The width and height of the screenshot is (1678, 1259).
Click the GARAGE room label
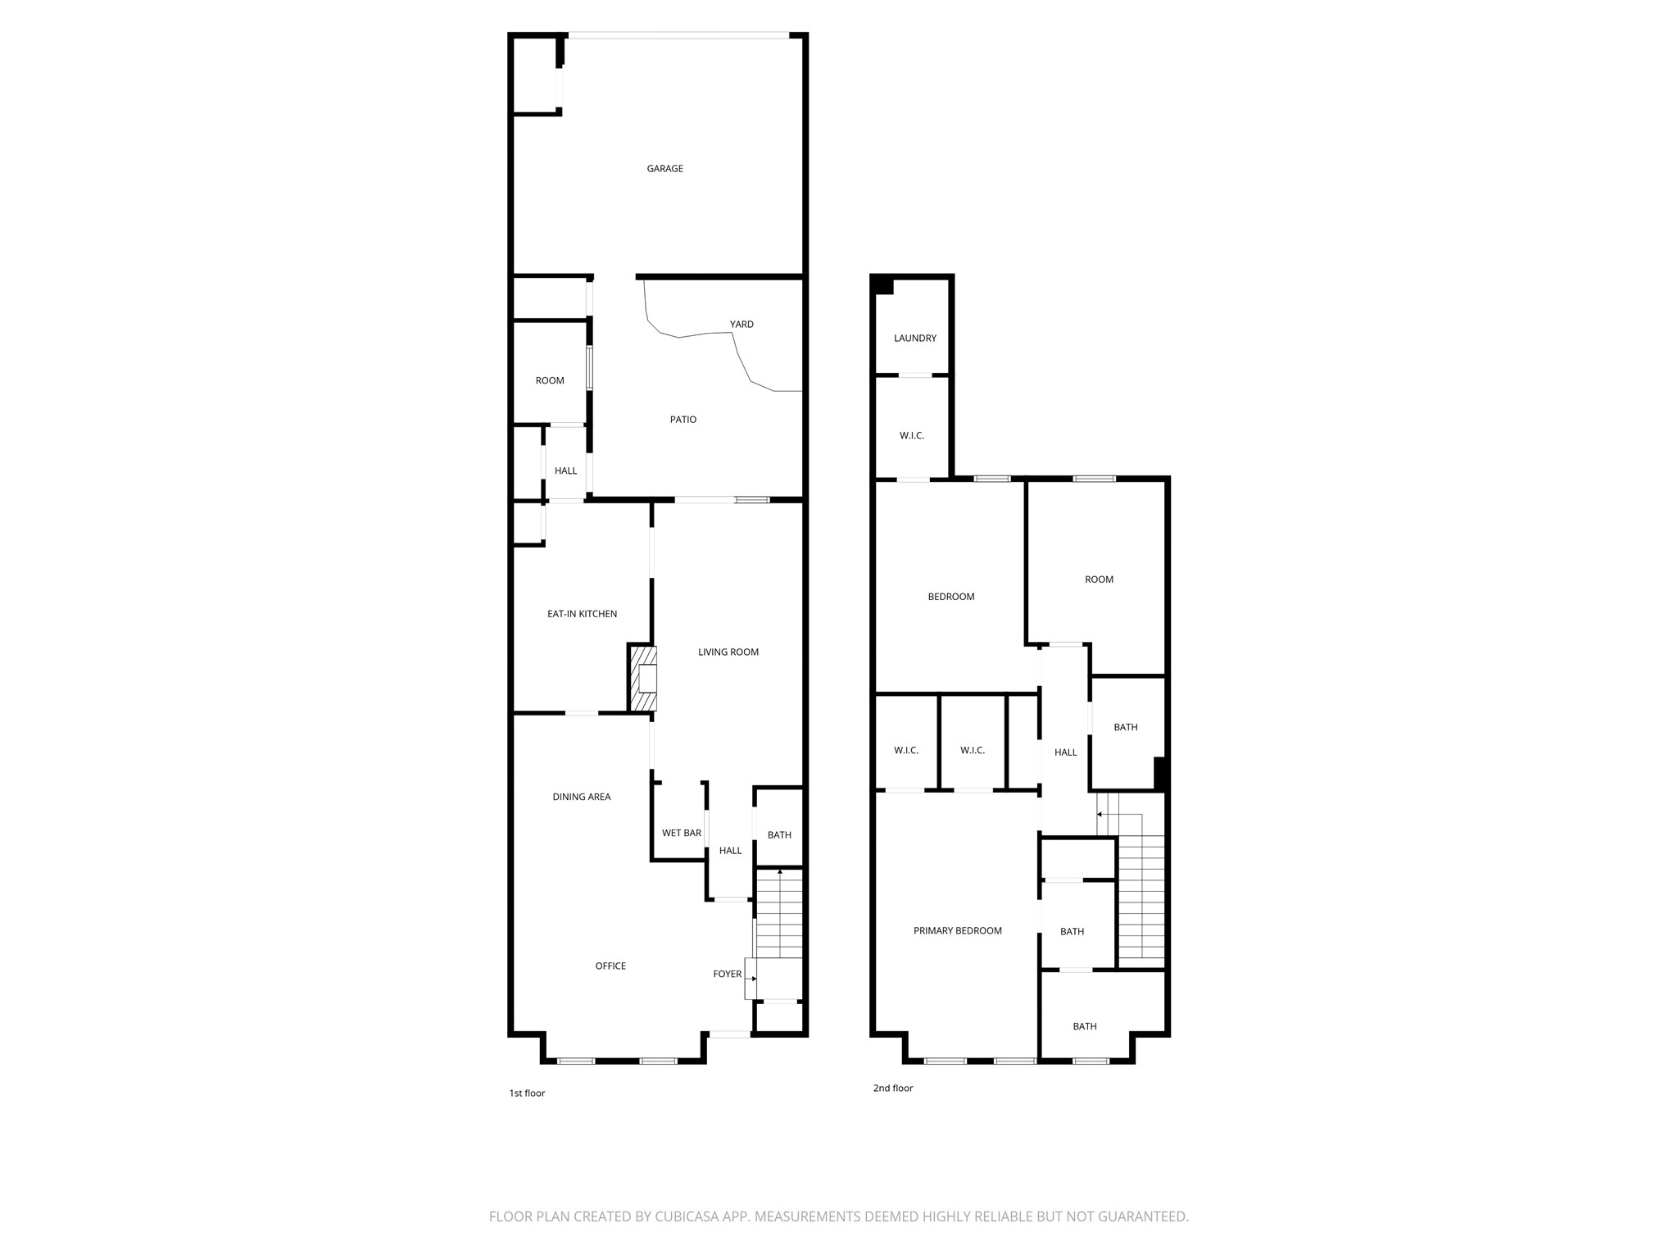664,169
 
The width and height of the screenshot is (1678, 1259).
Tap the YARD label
741,325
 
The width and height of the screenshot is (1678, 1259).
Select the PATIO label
683,420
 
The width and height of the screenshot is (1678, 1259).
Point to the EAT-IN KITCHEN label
582,614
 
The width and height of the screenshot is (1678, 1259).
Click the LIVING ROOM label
728,652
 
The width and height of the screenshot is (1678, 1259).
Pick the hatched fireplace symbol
643,679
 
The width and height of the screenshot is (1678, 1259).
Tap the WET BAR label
681,834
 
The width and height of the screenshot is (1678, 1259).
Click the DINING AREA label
581,797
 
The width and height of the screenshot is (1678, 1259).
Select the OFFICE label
610,966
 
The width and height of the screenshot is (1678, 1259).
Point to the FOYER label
727,975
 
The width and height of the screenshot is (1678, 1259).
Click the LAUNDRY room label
914,339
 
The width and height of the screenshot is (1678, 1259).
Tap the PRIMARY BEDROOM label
957,931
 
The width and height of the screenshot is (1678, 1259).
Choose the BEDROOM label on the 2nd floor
950,597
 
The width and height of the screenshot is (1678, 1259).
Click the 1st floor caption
527,1093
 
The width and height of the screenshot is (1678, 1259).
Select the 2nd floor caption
892,1089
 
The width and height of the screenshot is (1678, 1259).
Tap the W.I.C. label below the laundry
911,436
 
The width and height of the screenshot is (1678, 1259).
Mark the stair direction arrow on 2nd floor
1100,814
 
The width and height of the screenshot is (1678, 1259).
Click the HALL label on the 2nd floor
1065,752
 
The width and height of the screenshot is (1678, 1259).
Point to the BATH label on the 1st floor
779,835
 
